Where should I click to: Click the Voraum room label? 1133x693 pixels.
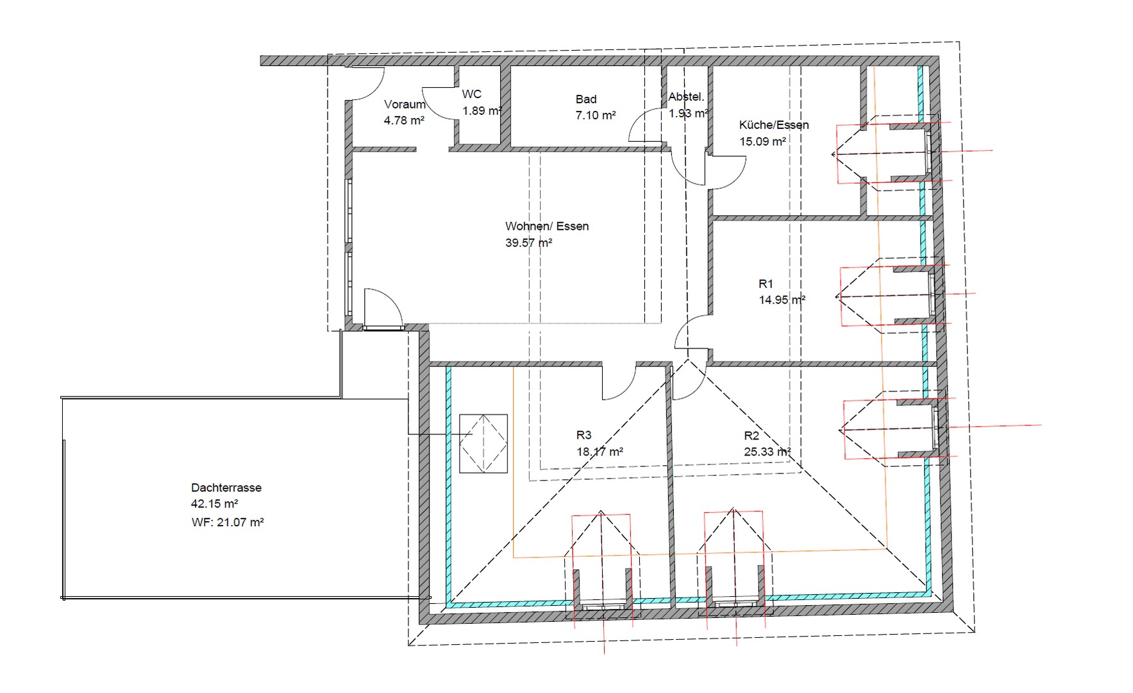point(405,105)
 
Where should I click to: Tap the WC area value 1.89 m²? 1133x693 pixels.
point(482,111)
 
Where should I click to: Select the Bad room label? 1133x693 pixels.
point(586,99)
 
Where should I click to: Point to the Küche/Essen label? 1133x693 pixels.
point(774,125)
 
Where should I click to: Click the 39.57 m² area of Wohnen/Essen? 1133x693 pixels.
point(528,243)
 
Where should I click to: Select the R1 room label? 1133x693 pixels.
point(766,284)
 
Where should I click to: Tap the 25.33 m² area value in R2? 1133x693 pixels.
point(767,452)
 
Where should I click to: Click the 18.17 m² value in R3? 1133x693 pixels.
point(600,452)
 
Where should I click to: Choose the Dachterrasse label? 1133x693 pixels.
point(226,488)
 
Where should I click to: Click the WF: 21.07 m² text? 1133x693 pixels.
point(228,522)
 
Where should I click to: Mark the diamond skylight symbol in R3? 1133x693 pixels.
point(483,443)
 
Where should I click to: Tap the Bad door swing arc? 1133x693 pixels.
point(643,125)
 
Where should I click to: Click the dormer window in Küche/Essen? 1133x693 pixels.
point(928,151)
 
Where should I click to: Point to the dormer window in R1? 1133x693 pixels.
point(932,295)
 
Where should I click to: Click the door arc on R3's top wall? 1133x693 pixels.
point(619,384)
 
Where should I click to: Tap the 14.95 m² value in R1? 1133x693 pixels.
point(782,300)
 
